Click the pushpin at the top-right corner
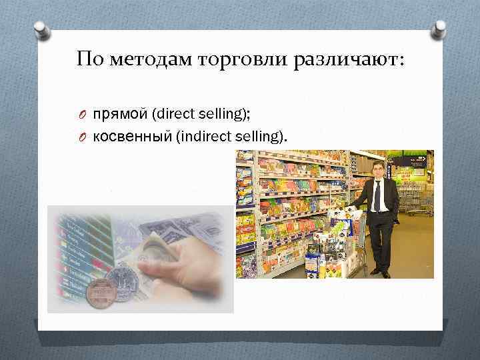pyautogui.click(x=439, y=29)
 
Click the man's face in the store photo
pyautogui.click(x=378, y=170)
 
